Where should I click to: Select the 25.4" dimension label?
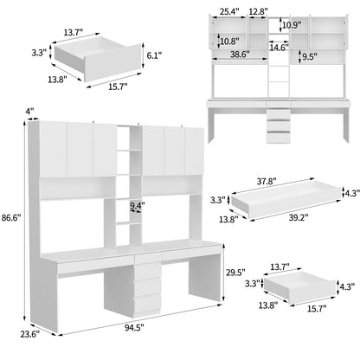230,11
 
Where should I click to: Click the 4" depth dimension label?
29,110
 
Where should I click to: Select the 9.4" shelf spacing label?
137,205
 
